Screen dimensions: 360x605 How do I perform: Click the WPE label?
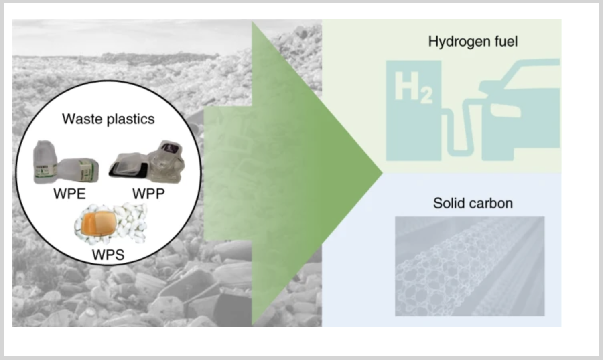click(70, 194)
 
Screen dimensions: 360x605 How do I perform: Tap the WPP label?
click(148, 194)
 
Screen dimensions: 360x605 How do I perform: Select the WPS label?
click(108, 255)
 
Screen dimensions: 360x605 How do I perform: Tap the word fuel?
click(505, 42)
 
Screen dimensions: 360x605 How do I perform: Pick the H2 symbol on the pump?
click(413, 87)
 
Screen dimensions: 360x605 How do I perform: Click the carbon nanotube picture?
click(469, 266)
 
